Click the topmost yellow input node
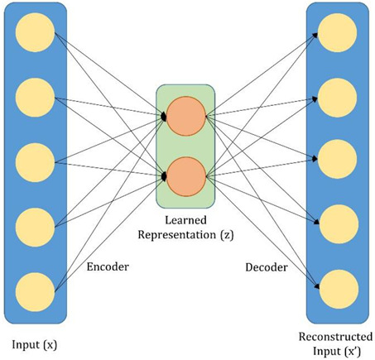[35, 33]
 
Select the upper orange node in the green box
[185, 117]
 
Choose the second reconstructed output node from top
[340, 95]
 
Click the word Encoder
[108, 268]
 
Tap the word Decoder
[266, 268]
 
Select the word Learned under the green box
[186, 219]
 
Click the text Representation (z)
[186, 234]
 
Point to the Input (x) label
[34, 341]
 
